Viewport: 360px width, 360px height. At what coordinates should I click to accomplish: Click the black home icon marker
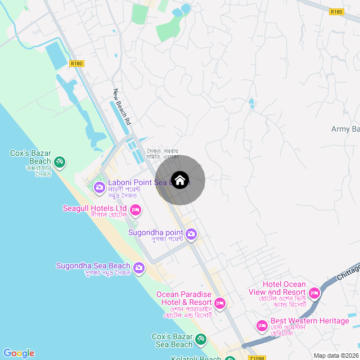point(180,180)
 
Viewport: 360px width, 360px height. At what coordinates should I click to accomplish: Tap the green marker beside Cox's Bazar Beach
point(60,163)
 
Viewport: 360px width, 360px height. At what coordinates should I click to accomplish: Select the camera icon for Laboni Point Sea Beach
point(100,187)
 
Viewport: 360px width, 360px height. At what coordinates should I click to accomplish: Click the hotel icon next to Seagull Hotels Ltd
point(135,210)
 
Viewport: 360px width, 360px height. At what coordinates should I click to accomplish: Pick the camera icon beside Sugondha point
point(191,233)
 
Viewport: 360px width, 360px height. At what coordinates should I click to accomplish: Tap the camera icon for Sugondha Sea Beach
point(138,268)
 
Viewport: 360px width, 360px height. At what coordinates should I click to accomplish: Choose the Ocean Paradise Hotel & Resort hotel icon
point(220,303)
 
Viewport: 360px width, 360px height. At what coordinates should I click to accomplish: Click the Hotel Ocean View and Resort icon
point(314,293)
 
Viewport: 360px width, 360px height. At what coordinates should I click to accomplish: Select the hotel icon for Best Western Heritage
point(262,326)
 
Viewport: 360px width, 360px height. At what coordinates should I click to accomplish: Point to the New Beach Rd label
point(121,107)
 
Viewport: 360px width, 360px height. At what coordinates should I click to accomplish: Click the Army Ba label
point(345,129)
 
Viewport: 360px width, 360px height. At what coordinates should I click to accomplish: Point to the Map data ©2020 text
point(335,355)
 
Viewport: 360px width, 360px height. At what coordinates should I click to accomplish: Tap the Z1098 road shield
point(256,358)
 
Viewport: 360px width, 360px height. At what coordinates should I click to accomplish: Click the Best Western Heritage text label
point(310,321)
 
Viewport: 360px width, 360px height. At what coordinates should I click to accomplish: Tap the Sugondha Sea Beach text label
point(93,265)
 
